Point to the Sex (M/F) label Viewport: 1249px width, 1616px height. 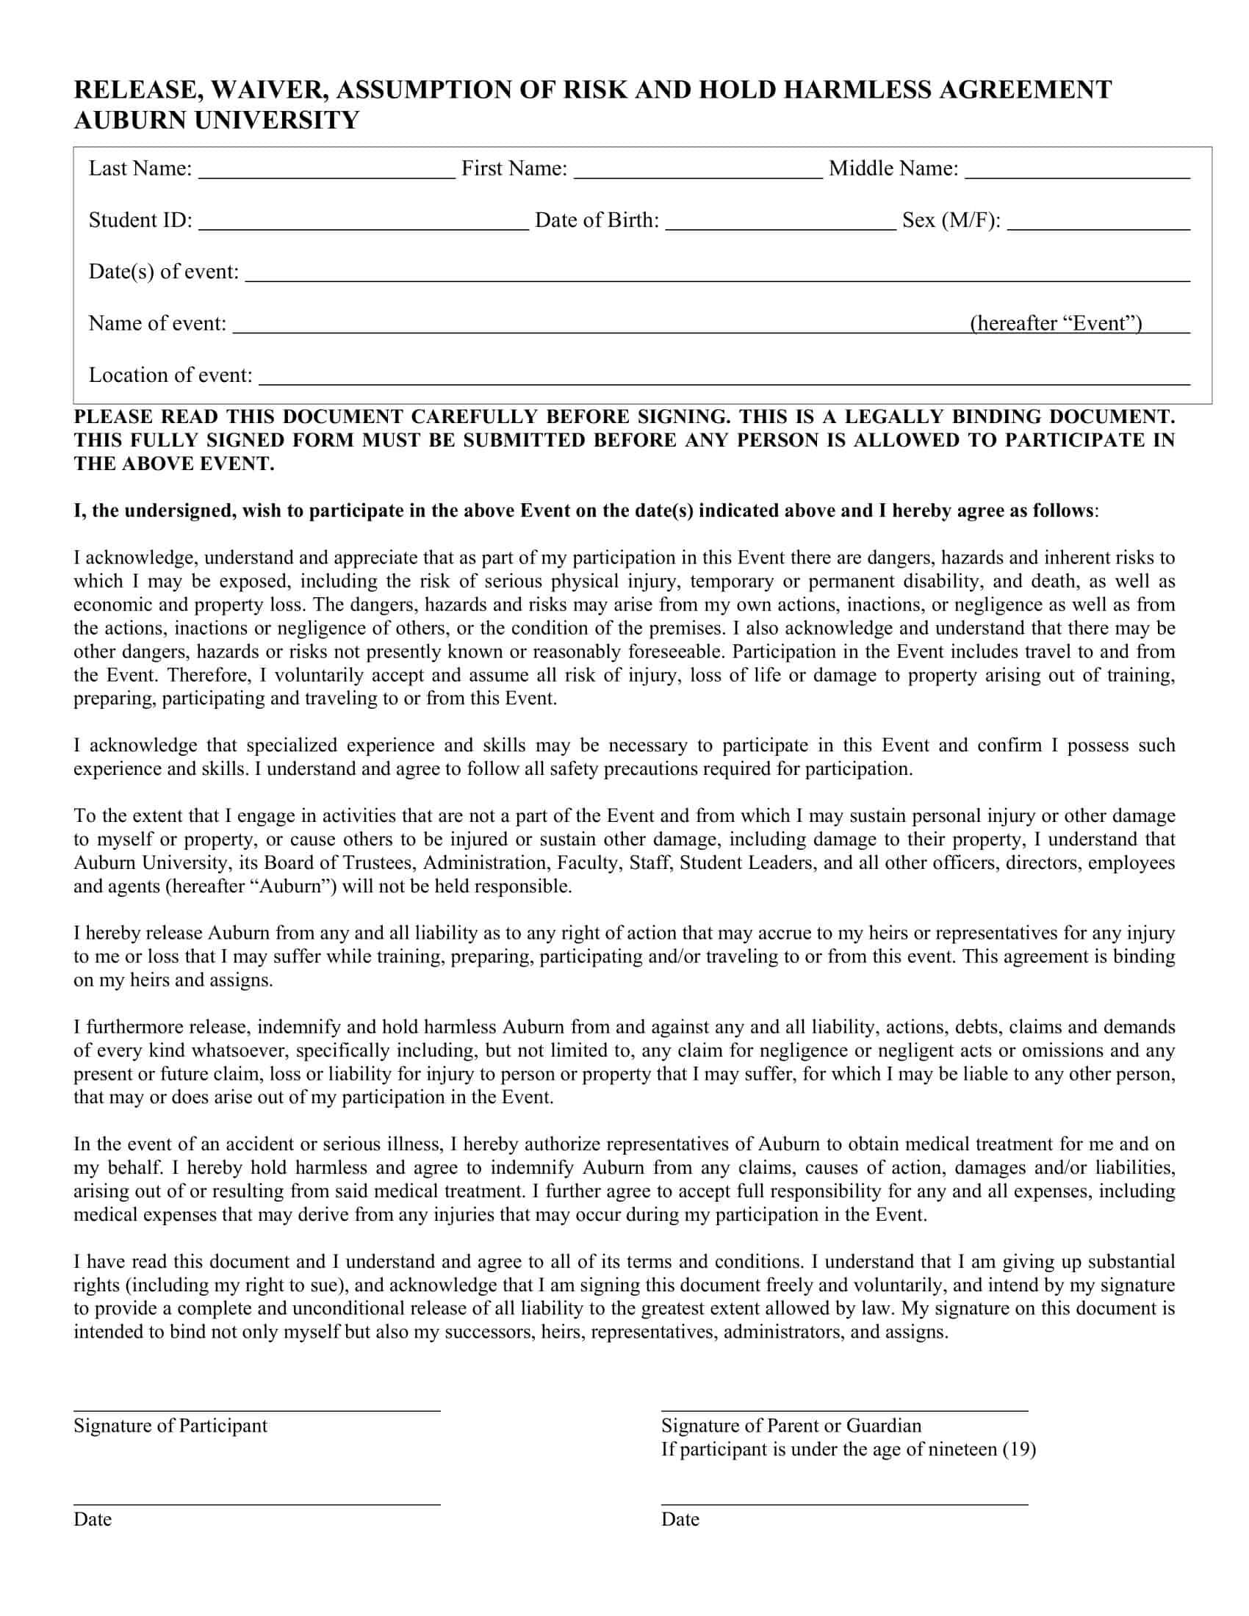tap(951, 220)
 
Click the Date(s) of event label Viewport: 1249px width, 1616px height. tap(164, 272)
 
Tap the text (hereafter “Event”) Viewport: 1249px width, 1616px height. tap(1056, 323)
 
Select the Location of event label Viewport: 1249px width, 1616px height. tap(170, 375)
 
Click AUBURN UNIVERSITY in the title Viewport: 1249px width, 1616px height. tap(216, 120)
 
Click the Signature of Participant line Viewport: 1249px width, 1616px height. tap(256, 1410)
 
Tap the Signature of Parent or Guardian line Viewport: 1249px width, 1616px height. tap(843, 1410)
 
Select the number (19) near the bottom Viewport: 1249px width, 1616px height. tap(1019, 1449)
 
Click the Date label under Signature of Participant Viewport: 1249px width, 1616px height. tap(93, 1519)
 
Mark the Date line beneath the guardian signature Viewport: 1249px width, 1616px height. tap(843, 1504)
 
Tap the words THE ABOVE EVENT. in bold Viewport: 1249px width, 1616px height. tap(174, 464)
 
